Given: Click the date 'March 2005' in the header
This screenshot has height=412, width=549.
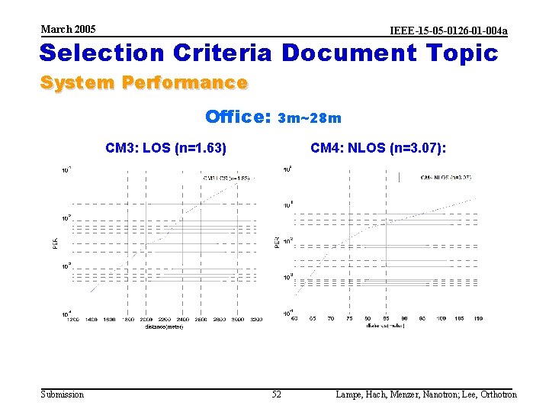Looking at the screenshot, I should click(69, 29).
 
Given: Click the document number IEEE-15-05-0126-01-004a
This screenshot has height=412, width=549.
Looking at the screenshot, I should click(448, 31).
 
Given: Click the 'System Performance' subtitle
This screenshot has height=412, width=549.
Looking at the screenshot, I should click(143, 82).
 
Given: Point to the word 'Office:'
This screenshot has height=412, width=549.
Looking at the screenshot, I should click(238, 117).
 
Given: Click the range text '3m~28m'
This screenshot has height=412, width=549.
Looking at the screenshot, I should click(310, 118).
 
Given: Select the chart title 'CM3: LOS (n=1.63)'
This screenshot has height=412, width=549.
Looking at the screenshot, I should click(166, 147).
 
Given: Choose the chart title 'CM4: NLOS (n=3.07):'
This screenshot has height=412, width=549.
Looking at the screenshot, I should click(378, 147).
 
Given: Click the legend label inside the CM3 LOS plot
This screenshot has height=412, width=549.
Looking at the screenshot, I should click(226, 178).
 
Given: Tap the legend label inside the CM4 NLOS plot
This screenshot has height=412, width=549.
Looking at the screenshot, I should click(446, 177).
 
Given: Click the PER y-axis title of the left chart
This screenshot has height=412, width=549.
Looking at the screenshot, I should click(54, 242).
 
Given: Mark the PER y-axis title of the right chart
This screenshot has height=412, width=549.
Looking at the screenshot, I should click(276, 241).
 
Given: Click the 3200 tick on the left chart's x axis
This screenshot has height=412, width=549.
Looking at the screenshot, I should click(255, 319).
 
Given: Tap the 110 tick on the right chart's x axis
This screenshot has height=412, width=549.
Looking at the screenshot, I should click(478, 317).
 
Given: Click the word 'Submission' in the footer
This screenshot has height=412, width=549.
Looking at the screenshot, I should click(63, 394).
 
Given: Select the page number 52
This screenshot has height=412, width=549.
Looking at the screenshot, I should click(276, 394).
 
